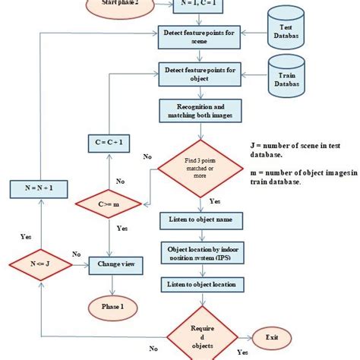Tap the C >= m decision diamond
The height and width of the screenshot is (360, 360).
(x=110, y=204)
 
